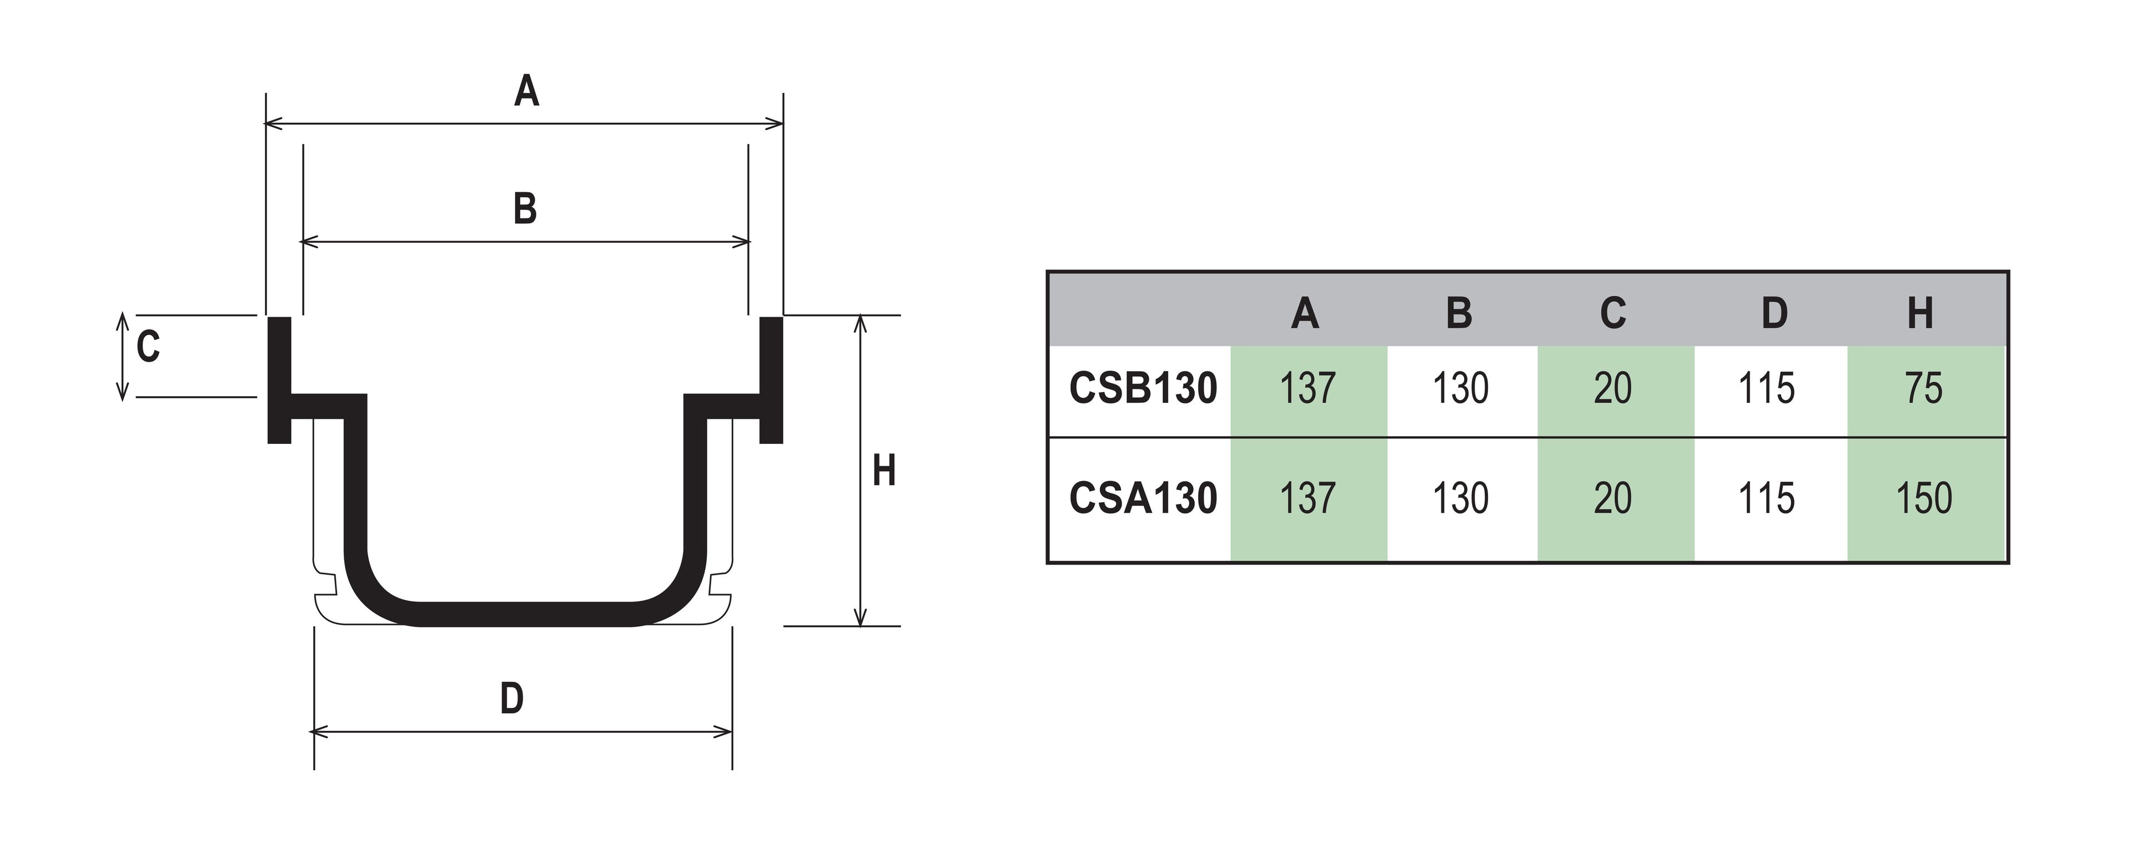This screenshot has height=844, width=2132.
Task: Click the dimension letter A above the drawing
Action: [526, 91]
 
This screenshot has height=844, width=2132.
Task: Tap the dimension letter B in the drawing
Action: [525, 209]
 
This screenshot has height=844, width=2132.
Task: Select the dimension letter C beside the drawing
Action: [148, 347]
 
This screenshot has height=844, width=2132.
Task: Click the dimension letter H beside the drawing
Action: [884, 471]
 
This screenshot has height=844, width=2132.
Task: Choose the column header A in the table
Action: [1305, 313]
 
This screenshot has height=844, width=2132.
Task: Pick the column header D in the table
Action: [1774, 313]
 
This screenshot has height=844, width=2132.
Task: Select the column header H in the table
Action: [1920, 313]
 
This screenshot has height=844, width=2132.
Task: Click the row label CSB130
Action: [1143, 388]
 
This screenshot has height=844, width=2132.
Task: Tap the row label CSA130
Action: [1143, 498]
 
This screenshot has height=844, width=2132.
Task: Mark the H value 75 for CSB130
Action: [1923, 388]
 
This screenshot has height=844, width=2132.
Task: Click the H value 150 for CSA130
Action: [1923, 498]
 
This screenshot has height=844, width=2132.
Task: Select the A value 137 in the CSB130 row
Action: [1308, 388]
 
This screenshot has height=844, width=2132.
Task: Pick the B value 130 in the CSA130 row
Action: [1461, 498]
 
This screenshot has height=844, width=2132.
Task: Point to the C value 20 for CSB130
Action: [1613, 388]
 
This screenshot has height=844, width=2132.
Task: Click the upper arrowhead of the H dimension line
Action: [860, 323]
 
